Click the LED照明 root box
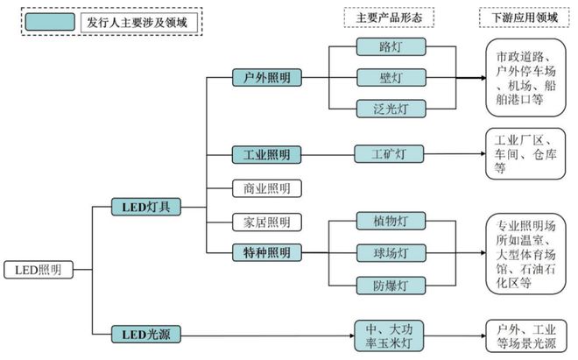tap(39, 270)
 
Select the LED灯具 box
tap(146, 207)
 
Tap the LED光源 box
tap(146, 335)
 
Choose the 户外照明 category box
tap(267, 77)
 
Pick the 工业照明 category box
tap(266, 154)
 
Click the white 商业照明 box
tap(267, 188)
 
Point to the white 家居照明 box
tap(267, 222)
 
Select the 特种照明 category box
tap(267, 252)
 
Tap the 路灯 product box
tap(391, 46)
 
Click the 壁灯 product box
tap(391, 77)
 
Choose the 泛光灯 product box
tap(391, 109)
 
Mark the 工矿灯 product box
tap(389, 154)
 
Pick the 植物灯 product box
tap(391, 221)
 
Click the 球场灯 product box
tap(391, 253)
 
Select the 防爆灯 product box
tap(391, 286)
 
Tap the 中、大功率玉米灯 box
tap(389, 335)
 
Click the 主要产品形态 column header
tap(389, 18)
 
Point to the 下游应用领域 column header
tap(525, 18)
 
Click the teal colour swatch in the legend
tap(50, 22)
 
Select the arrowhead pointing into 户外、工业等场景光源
tap(483, 335)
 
